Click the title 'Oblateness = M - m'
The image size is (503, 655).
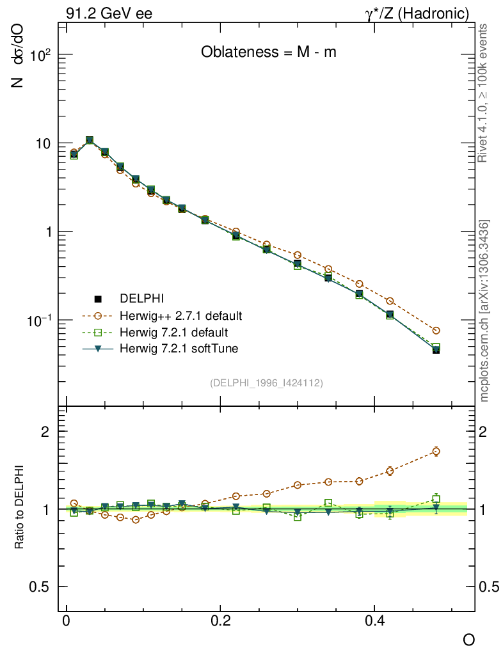coord(268,52)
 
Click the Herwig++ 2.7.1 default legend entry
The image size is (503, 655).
coord(180,316)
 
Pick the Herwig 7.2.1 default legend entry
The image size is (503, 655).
coord(173,333)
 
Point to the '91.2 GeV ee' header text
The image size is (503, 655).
coord(109,13)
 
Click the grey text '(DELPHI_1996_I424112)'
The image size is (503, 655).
coord(266,383)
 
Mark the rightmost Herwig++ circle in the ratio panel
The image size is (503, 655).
coord(436,451)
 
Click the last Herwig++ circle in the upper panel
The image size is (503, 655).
coord(436,331)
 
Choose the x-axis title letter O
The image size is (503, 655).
coord(469,640)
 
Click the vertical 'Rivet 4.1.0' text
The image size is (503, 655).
coord(483,93)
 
